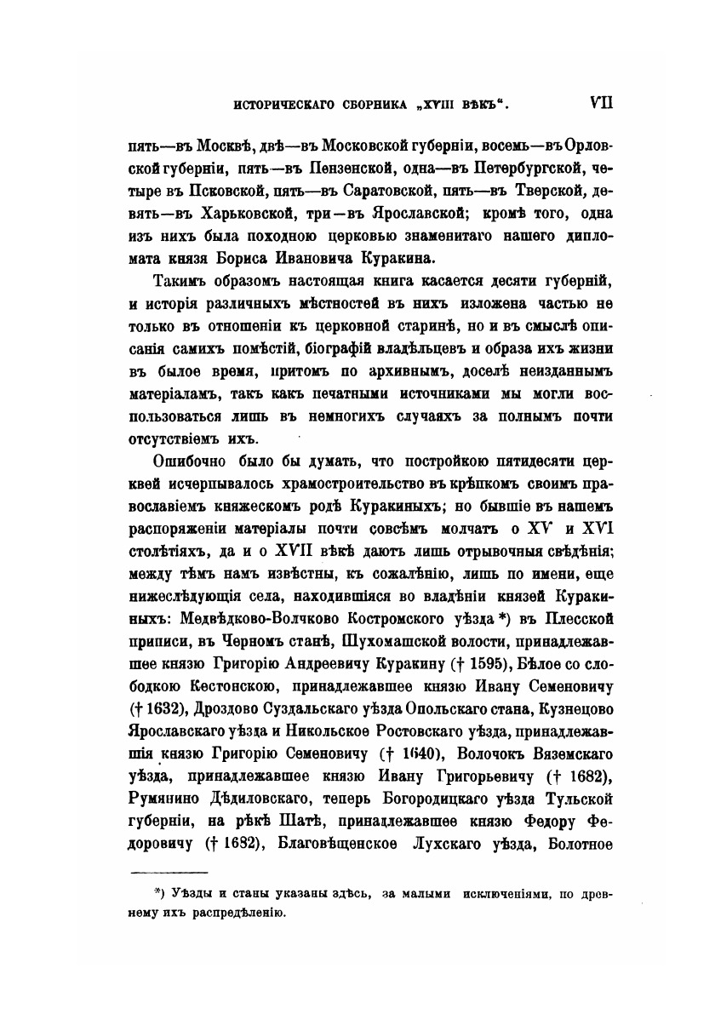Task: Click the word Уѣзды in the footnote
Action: click(192, 893)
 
